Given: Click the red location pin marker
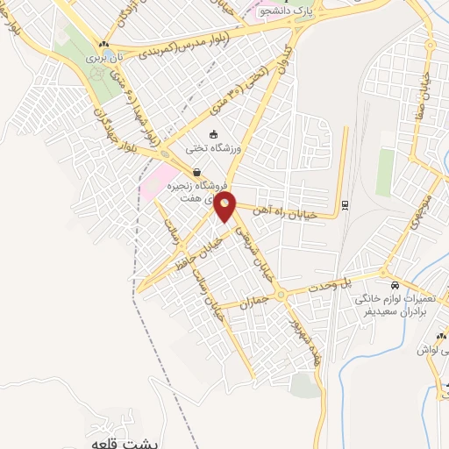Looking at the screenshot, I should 225,207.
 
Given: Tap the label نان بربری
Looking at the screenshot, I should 105,56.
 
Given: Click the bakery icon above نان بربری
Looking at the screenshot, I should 105,44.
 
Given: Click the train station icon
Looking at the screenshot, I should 345,205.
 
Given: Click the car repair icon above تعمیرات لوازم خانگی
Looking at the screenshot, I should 396,287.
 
